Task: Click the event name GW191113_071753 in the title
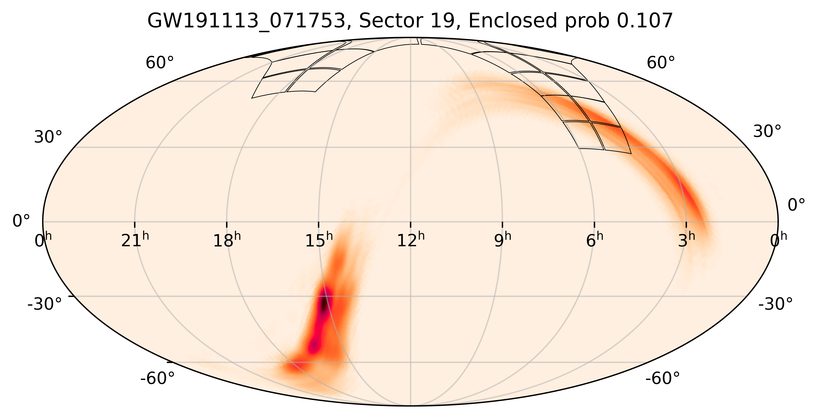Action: [x=246, y=21]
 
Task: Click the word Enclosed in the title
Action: [x=513, y=21]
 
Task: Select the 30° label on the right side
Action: [x=767, y=131]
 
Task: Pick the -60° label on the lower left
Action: [x=158, y=379]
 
